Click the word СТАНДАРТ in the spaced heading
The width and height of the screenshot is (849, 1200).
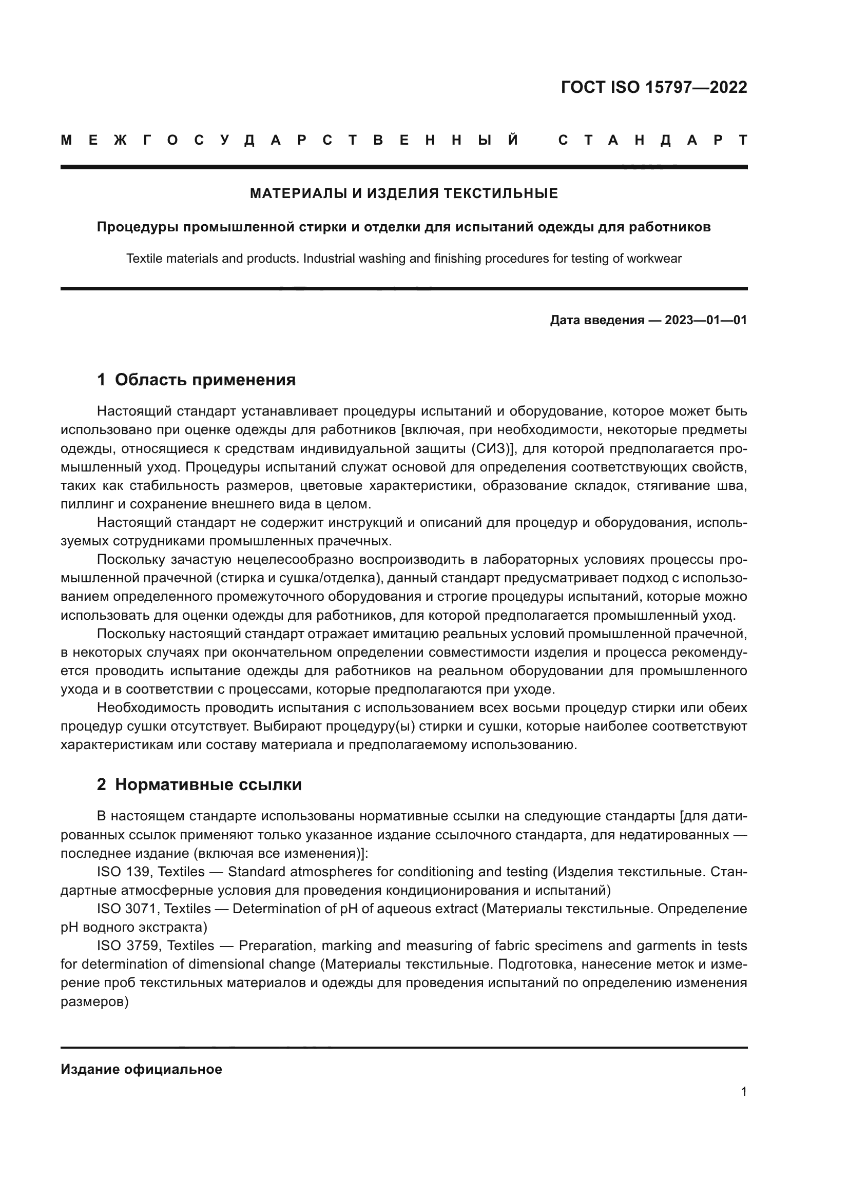click(x=653, y=140)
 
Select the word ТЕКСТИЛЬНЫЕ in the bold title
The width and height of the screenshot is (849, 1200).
click(x=501, y=194)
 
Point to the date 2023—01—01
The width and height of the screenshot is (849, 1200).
click(x=706, y=320)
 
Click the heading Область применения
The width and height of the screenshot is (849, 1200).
click(x=205, y=380)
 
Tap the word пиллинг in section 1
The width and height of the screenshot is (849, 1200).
click(x=82, y=505)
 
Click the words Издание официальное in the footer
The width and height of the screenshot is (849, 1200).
click(x=141, y=1069)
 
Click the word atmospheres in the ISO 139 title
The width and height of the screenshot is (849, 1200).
click(x=331, y=872)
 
